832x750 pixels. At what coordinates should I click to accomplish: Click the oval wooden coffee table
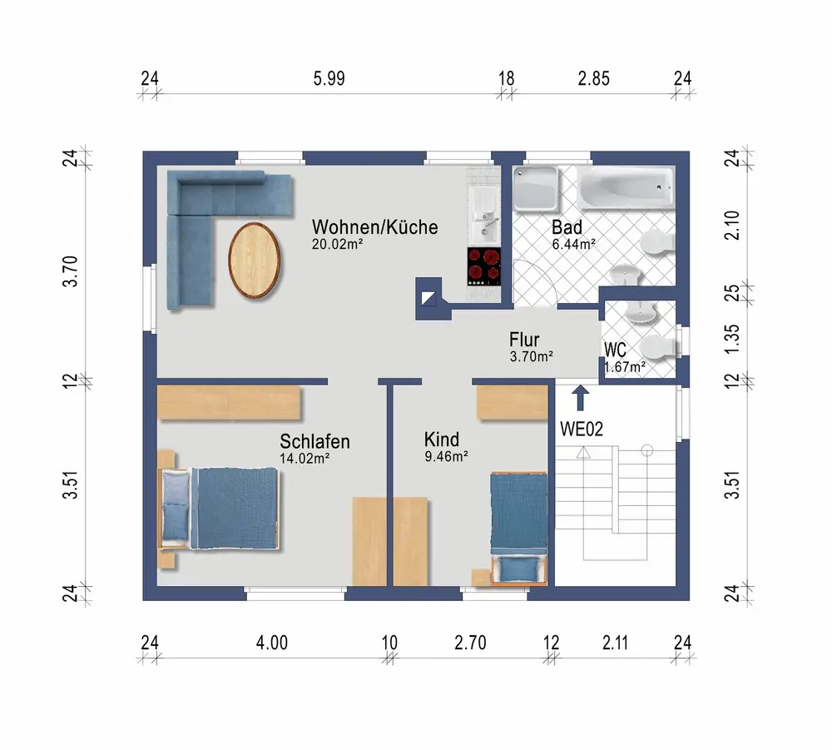pyautogui.click(x=255, y=260)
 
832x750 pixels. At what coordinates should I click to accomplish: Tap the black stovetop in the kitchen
pyautogui.click(x=484, y=266)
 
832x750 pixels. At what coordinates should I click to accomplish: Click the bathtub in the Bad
pyautogui.click(x=626, y=188)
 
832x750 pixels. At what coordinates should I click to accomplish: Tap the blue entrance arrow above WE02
pyautogui.click(x=581, y=398)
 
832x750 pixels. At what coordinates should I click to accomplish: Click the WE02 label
pyautogui.click(x=582, y=429)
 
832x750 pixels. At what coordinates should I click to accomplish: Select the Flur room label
pyautogui.click(x=524, y=339)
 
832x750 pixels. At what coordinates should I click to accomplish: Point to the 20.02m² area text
pyautogui.click(x=338, y=244)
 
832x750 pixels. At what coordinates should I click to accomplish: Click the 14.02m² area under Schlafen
pyautogui.click(x=305, y=458)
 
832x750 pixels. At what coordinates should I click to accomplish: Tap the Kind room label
pyautogui.click(x=442, y=440)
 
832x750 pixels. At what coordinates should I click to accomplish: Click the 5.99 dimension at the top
pyautogui.click(x=329, y=78)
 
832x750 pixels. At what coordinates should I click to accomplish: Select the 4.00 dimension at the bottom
pyautogui.click(x=272, y=643)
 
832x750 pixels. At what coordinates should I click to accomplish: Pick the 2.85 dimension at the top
pyautogui.click(x=594, y=78)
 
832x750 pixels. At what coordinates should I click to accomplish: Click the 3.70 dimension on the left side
pyautogui.click(x=70, y=271)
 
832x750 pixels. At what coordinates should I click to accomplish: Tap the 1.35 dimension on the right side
pyautogui.click(x=731, y=339)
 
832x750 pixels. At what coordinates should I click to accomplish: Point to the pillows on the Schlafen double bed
pyautogui.click(x=175, y=504)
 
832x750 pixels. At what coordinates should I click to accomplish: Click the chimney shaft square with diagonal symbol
pyautogui.click(x=428, y=299)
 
